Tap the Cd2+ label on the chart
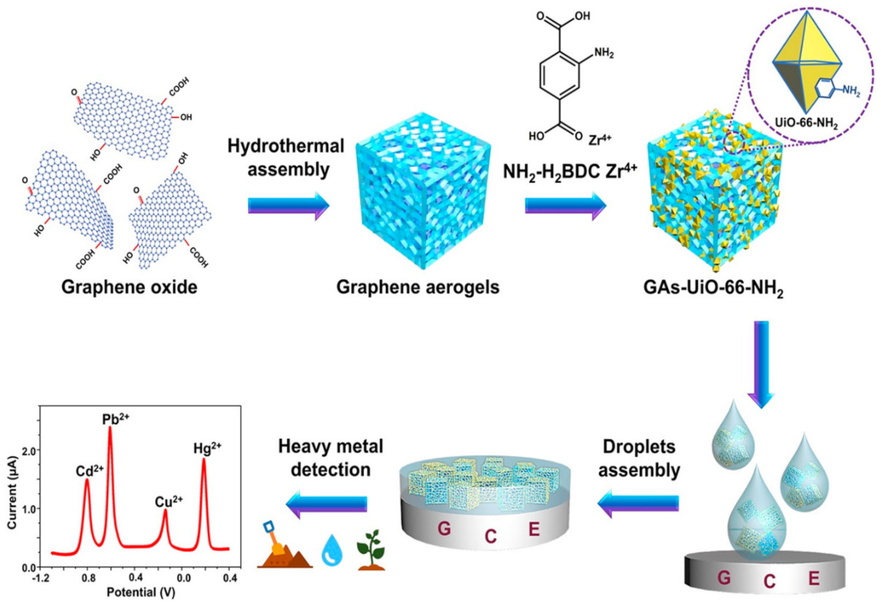[89, 471]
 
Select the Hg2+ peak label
[207, 448]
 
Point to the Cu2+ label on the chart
[168, 502]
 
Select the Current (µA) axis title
[12, 493]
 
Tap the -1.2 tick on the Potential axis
[41, 578]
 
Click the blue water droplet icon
[332, 551]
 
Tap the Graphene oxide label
[129, 287]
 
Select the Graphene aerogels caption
[418, 287]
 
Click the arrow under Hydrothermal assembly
[288, 206]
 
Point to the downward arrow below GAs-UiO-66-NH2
[761, 363]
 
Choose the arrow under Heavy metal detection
[327, 503]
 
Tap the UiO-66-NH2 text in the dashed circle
[806, 123]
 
